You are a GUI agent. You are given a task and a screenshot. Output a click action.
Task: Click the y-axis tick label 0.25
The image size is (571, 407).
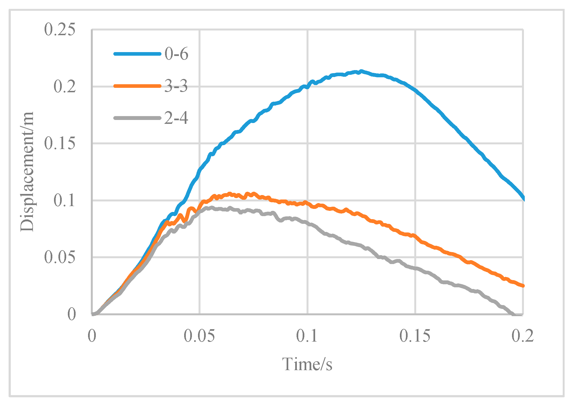pos(60,30)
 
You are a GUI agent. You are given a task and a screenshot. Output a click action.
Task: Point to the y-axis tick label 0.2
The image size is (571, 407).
pos(65,86)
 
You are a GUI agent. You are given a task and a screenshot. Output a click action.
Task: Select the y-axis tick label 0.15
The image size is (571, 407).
pos(60,144)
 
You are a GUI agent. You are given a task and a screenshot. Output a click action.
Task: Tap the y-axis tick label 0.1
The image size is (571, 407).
pos(65,201)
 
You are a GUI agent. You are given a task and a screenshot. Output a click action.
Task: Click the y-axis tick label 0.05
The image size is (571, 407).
pos(60,257)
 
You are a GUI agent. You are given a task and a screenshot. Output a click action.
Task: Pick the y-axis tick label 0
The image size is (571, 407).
pos(72,314)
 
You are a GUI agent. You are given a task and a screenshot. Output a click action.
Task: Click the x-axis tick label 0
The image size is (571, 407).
pos(92,336)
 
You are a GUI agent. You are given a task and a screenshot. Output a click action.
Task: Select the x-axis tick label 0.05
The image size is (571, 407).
pos(199,336)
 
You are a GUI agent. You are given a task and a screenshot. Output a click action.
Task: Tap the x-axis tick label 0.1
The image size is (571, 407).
pos(307,336)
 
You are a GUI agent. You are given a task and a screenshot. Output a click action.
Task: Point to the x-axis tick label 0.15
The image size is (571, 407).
pos(415,336)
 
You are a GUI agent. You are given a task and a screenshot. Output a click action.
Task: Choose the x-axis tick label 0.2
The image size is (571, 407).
pos(523,336)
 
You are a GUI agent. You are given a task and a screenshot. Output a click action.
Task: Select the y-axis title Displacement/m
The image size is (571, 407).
pos(27,172)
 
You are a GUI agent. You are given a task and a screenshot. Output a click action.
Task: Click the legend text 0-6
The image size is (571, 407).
pos(176,53)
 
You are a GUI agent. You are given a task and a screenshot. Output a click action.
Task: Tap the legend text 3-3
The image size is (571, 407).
pos(176,86)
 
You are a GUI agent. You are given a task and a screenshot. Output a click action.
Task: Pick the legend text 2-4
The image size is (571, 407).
pos(176,118)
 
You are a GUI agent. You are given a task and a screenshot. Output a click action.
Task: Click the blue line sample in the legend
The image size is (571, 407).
pos(137,54)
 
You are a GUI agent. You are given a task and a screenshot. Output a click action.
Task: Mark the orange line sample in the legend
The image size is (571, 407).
pos(137,86)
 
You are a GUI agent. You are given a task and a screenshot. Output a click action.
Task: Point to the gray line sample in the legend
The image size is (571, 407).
pos(137,118)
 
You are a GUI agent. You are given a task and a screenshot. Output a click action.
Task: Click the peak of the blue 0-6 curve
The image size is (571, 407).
pos(361,71)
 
